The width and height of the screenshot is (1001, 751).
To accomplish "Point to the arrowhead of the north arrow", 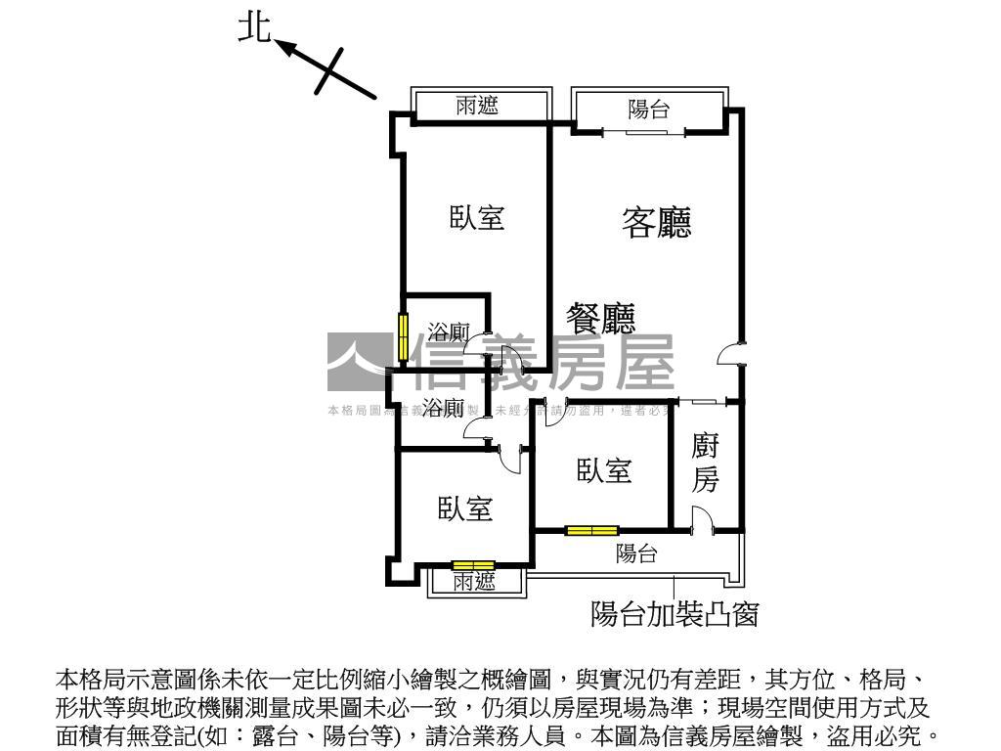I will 284,44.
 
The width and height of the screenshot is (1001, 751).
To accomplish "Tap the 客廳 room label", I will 657,223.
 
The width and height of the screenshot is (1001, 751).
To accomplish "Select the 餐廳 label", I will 601,318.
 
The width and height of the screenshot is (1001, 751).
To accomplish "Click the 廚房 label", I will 705,464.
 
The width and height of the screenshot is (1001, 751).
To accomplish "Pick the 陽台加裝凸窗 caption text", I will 675,614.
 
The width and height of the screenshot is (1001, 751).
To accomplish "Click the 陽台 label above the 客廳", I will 648,109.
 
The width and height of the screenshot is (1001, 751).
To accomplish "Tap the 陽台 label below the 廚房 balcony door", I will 636,554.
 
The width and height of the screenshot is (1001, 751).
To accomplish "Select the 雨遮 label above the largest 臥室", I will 477,106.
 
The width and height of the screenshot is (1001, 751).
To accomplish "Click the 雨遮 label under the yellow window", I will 475,582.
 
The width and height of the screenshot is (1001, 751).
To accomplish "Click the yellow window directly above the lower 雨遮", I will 473,565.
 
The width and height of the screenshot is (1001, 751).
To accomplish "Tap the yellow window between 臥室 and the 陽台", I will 591,531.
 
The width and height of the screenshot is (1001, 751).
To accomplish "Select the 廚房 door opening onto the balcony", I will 700,520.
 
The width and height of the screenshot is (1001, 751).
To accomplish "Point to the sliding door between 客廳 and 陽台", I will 635,130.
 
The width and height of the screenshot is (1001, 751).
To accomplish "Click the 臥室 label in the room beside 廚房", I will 604,471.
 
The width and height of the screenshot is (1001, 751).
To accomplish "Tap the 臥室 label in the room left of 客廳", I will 477,217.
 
